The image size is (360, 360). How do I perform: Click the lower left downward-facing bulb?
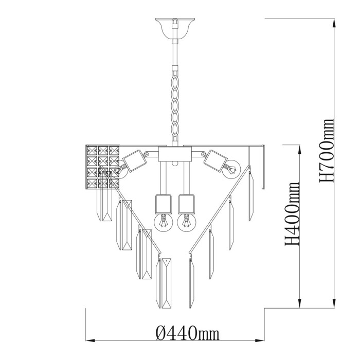163,222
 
